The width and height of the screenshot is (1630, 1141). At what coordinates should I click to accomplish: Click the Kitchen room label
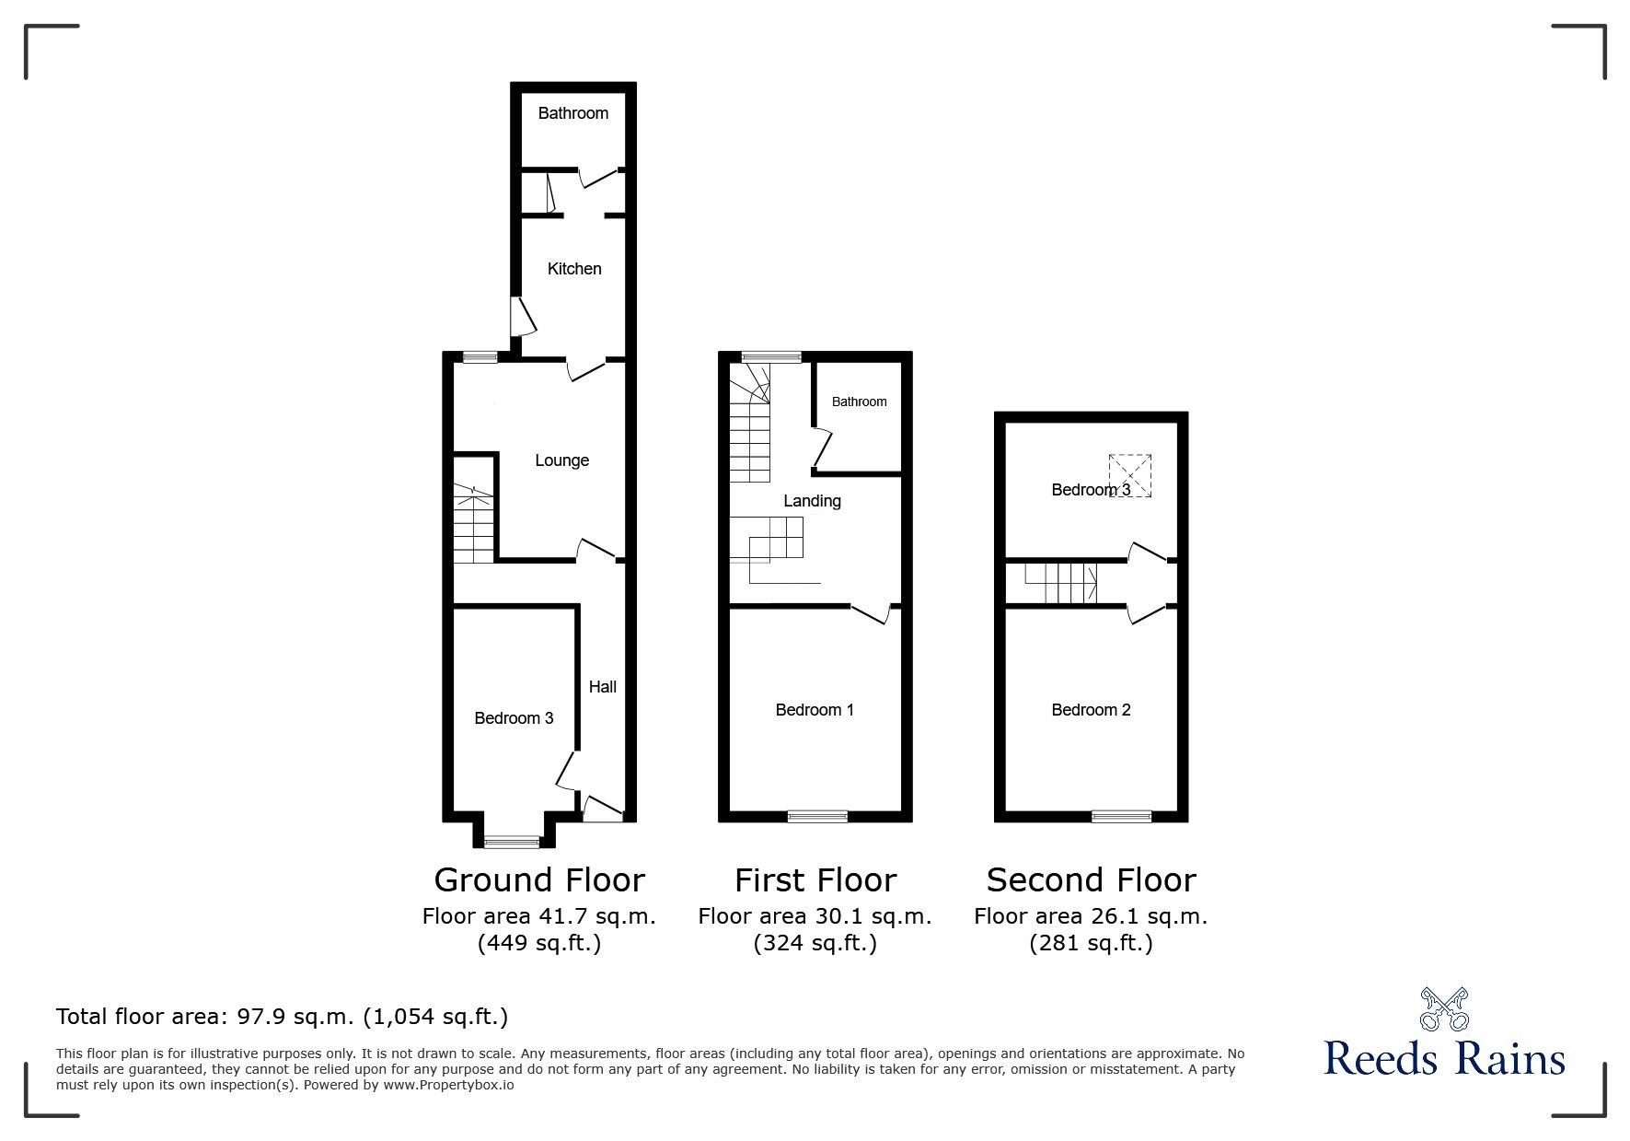coord(574,269)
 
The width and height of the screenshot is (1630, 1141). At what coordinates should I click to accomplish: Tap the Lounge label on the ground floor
coord(561,460)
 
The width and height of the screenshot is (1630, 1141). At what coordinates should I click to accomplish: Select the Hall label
coord(603,687)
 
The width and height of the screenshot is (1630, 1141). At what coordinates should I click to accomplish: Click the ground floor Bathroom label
coord(573,113)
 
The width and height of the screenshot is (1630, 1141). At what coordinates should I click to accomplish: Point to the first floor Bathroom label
coord(860,402)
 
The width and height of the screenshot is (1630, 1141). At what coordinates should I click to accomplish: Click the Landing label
coord(812,501)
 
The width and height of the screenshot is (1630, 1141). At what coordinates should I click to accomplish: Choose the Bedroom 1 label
coord(815,710)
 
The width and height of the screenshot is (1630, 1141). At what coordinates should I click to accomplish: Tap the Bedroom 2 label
coord(1091,710)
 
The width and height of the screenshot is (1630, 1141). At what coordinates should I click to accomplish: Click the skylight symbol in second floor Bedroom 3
coord(1130,475)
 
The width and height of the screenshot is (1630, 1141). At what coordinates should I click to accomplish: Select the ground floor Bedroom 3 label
coord(514,718)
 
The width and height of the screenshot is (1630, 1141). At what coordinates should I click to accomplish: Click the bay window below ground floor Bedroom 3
coord(514,840)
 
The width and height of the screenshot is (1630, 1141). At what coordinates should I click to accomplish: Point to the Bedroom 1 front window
coord(817,815)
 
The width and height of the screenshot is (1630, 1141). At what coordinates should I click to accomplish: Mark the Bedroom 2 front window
coord(1121,815)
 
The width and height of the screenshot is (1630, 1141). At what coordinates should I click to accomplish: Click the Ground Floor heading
coord(539,880)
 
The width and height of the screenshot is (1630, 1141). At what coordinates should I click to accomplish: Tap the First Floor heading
coord(815,880)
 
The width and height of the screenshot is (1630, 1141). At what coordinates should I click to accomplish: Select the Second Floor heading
coord(1091,880)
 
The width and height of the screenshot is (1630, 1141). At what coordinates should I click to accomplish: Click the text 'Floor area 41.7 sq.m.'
coord(539,917)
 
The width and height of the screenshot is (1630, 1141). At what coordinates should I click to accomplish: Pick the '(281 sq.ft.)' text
coord(1091,944)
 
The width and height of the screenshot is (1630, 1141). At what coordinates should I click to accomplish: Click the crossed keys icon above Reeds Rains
coord(1445,1009)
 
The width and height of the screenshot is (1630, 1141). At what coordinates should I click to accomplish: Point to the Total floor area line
coord(283,1018)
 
